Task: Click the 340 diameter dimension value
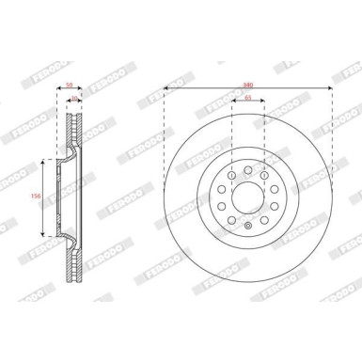(x=246, y=81)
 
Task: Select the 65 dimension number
(x=246, y=98)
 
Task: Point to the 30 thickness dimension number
(x=75, y=96)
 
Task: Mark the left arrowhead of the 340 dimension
(x=166, y=88)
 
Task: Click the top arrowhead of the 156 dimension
(x=42, y=162)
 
